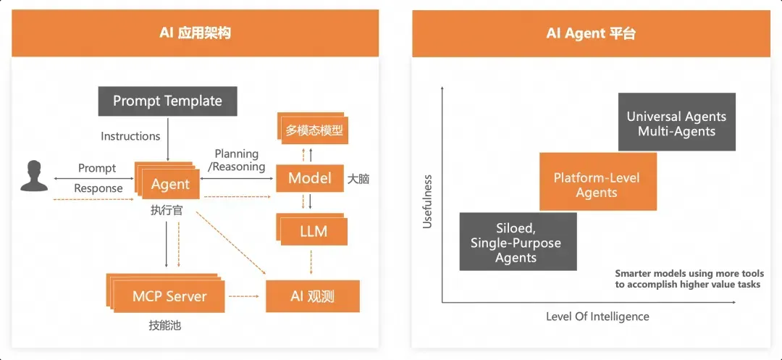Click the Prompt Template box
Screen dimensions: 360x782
(x=167, y=101)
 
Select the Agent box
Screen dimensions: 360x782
(x=171, y=185)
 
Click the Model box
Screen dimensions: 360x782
(x=310, y=178)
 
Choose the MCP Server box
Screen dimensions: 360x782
(x=169, y=296)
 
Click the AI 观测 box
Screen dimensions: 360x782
(x=312, y=296)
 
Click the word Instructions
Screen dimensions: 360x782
(x=130, y=136)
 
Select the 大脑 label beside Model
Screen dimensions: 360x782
(x=358, y=179)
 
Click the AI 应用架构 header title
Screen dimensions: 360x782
(x=195, y=33)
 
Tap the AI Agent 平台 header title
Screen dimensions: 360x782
(x=591, y=33)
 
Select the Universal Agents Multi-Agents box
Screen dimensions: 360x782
(x=676, y=123)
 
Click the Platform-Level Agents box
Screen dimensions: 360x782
(x=597, y=185)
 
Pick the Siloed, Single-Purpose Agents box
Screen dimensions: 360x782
(x=516, y=241)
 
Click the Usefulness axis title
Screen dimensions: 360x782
(x=427, y=201)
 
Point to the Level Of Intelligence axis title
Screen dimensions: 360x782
(x=597, y=317)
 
